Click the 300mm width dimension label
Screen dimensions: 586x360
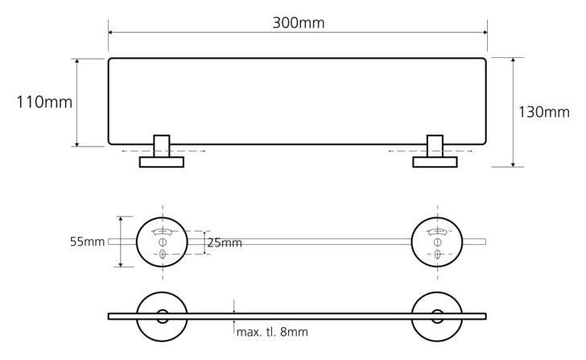click(298, 23)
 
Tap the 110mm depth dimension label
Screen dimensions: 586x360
click(44, 102)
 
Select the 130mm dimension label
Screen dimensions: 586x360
click(544, 112)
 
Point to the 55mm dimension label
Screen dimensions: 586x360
click(87, 242)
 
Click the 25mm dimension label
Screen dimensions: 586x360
click(225, 243)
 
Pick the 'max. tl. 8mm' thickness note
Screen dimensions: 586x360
click(272, 332)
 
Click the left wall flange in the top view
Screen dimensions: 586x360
click(162, 162)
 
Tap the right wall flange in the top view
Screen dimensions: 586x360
click(435, 162)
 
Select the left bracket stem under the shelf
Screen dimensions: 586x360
click(162, 146)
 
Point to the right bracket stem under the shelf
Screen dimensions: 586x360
click(435, 146)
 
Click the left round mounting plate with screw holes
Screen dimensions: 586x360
click(137, 242)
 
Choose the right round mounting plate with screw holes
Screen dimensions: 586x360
click(412, 242)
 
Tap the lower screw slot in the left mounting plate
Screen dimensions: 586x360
click(163, 254)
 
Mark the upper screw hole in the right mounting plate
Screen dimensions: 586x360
click(437, 242)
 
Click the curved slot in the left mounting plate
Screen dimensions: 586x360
click(163, 231)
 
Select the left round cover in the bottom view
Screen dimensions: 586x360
click(137, 317)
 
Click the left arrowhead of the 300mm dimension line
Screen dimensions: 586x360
click(110, 32)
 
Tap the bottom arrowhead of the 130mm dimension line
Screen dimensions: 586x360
click(513, 164)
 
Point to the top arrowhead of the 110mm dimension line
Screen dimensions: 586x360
click(77, 61)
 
